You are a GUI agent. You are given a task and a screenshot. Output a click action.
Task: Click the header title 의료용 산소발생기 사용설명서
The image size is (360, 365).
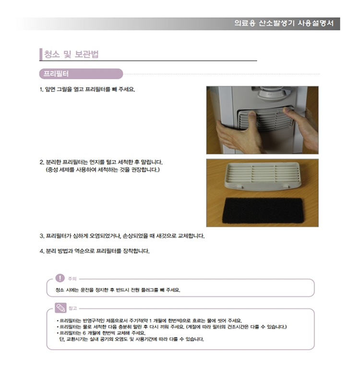284,24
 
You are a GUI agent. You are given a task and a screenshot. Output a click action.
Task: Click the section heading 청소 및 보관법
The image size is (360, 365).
72,54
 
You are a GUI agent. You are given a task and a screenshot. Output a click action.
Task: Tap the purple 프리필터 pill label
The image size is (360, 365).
81,74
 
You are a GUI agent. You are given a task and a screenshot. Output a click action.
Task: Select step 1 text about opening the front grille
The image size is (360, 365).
87,89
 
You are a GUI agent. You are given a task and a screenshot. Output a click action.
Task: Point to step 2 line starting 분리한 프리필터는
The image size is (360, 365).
101,162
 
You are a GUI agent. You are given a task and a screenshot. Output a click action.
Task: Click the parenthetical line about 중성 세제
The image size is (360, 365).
103,170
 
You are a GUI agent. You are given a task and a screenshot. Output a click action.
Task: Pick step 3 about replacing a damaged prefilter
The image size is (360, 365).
122,236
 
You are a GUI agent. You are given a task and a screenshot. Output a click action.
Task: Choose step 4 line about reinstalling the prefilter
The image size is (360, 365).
95,251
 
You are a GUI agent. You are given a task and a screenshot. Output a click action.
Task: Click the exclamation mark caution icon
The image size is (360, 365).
60,278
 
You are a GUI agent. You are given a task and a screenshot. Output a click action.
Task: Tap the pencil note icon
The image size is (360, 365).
60,308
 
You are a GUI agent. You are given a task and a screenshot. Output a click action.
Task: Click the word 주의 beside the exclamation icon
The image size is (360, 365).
72,279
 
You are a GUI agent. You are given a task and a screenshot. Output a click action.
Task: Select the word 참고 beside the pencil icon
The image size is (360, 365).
72,308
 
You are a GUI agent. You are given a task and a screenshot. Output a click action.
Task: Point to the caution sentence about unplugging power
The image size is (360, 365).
118,290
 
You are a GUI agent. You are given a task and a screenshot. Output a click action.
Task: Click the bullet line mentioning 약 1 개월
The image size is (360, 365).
149,320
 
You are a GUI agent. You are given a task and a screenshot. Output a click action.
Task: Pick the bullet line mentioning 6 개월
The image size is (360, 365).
101,333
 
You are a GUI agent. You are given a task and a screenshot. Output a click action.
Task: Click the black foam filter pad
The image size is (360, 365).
263,211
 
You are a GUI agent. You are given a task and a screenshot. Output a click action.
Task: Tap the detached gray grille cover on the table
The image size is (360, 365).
263,176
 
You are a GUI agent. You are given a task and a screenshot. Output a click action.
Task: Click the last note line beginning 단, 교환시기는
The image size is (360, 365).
132,339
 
